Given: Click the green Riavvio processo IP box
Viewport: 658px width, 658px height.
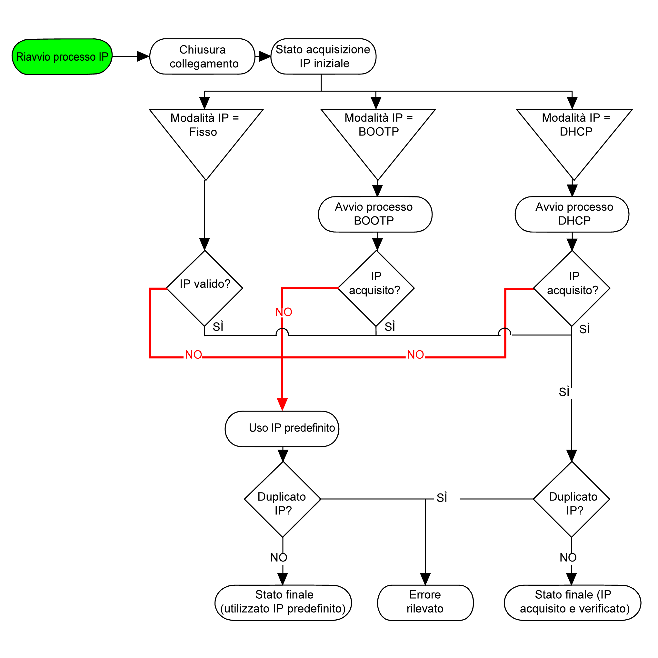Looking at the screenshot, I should (x=62, y=56).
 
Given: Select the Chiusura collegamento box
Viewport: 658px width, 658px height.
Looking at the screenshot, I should (x=202, y=56).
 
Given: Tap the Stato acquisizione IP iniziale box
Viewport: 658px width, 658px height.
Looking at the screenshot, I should (x=323, y=56).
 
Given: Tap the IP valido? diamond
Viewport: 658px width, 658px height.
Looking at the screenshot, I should (x=205, y=288).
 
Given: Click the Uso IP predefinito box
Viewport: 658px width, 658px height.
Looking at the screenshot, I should (x=282, y=429).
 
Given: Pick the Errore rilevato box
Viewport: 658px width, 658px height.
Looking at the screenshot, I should (x=425, y=603).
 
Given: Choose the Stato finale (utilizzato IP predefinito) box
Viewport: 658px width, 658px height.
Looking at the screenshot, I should (x=283, y=603).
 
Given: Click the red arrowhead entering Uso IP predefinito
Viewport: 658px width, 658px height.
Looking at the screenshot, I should (x=282, y=404).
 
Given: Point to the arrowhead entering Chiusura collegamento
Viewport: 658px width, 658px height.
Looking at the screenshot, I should (x=143, y=56).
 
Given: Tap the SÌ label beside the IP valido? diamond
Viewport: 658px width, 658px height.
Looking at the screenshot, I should (x=218, y=327).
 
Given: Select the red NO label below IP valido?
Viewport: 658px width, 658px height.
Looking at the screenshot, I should (x=194, y=354).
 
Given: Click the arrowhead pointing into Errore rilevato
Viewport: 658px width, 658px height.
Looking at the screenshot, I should (x=425, y=579).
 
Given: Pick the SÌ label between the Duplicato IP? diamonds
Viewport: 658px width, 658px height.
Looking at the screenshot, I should (x=442, y=498).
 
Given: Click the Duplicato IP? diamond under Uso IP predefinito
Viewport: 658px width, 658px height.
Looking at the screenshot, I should (x=283, y=499).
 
